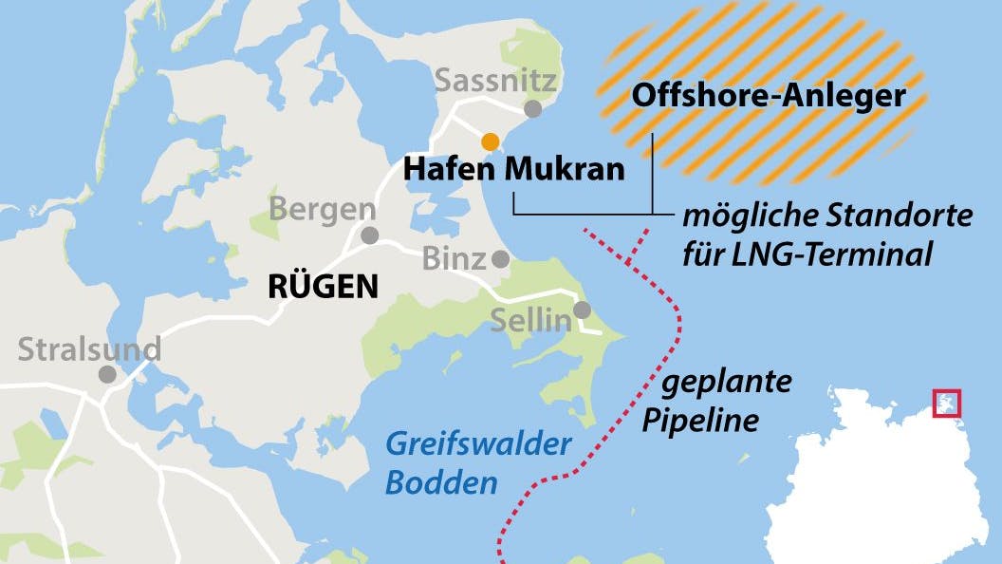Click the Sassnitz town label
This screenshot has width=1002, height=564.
[x=495, y=81]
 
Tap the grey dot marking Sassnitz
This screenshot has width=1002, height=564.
[x=533, y=109]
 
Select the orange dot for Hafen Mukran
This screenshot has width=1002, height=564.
[x=490, y=141]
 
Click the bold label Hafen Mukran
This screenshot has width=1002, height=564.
[x=514, y=170]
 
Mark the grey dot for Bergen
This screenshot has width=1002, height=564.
[x=369, y=235]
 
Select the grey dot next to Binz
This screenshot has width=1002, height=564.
[x=500, y=258]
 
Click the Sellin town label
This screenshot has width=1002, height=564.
[x=530, y=320]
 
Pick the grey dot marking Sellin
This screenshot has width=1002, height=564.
[x=582, y=310]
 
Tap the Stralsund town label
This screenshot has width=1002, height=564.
[x=89, y=349]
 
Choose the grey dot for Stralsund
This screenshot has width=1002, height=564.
[x=108, y=374]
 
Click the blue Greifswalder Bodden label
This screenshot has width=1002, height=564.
[x=477, y=462]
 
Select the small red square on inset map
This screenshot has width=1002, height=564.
[x=947, y=404]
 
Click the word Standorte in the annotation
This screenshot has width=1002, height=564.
[x=907, y=216]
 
